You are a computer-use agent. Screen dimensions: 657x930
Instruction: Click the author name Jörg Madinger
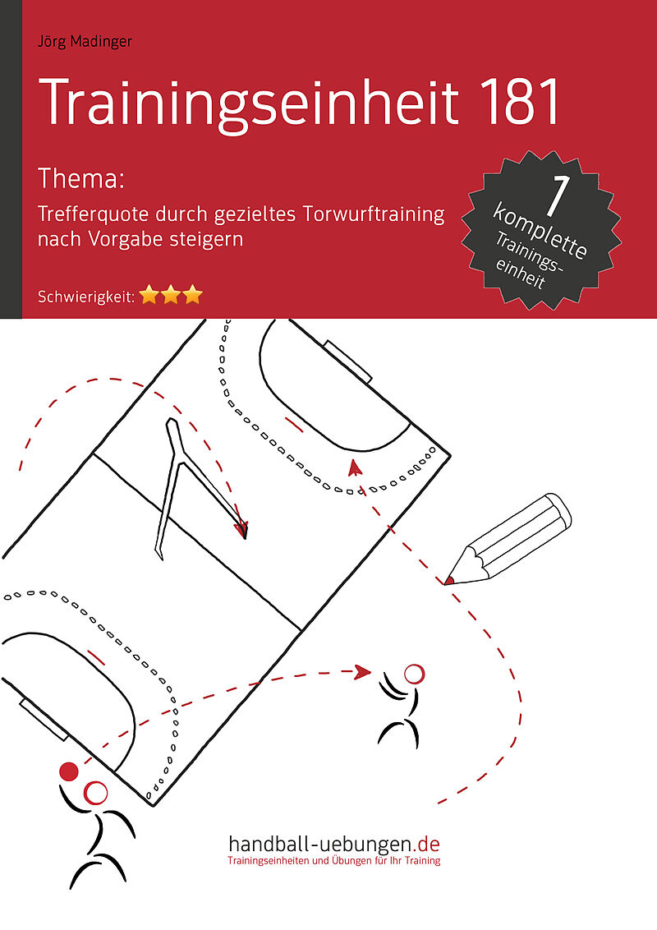click(85, 42)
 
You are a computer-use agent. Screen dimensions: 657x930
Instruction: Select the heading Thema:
click(81, 178)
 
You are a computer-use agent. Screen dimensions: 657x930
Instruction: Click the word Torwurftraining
click(374, 214)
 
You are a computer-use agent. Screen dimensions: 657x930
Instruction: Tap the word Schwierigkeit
click(85, 297)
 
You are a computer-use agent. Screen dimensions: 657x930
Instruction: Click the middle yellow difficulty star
click(171, 295)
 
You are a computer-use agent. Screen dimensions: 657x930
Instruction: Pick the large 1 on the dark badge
click(556, 196)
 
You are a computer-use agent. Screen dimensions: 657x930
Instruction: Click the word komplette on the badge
click(540, 232)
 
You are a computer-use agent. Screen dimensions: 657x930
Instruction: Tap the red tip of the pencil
click(449, 580)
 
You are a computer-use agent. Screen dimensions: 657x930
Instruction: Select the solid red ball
click(69, 771)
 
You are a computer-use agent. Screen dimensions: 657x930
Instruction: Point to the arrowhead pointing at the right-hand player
click(362, 672)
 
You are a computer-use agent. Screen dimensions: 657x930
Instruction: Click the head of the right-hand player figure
click(414, 674)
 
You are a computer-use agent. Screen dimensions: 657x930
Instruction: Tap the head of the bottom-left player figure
click(95, 793)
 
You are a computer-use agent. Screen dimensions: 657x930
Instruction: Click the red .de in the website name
click(427, 844)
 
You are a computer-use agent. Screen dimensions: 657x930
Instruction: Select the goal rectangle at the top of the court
click(348, 361)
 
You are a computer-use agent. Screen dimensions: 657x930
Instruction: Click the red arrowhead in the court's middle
click(241, 529)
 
